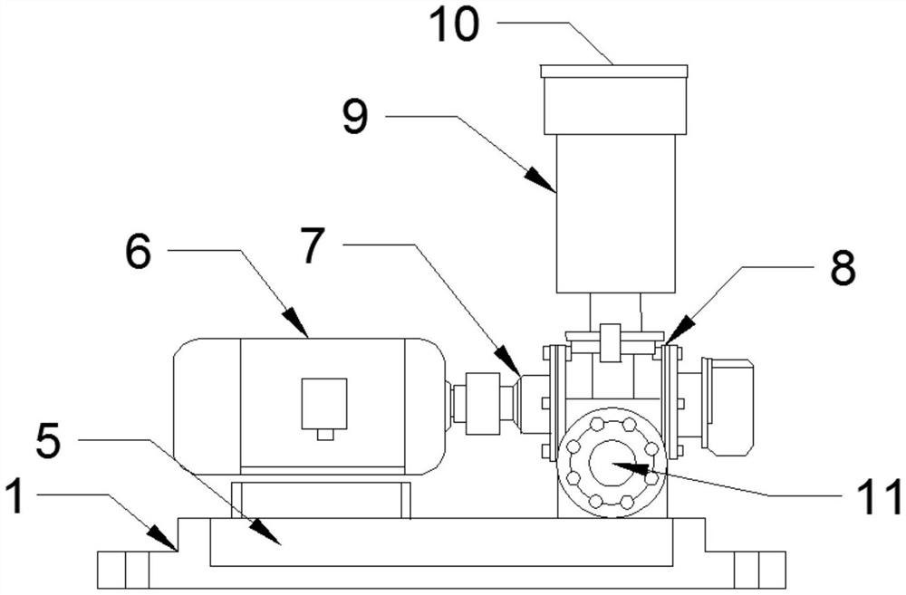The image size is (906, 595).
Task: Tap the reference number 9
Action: pyautogui.click(x=355, y=116)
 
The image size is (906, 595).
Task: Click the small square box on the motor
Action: pyautogui.click(x=324, y=404)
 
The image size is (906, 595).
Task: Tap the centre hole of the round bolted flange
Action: pyautogui.click(x=612, y=463)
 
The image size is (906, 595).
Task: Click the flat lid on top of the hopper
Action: pyautogui.click(x=613, y=71)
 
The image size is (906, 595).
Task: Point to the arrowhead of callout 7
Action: pyautogui.click(x=514, y=370)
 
